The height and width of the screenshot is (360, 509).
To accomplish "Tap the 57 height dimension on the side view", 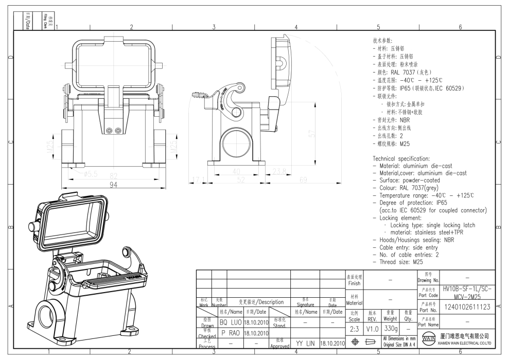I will (326, 134).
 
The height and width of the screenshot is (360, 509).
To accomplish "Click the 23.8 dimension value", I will (279, 171).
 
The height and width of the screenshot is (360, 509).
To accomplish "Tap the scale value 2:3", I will (354, 328).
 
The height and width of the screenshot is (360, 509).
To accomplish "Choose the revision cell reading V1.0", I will (372, 328).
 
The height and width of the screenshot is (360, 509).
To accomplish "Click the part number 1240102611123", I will (467, 307).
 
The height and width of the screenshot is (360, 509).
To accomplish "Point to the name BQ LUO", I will (230, 322).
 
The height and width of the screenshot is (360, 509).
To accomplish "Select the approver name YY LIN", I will (306, 343).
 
